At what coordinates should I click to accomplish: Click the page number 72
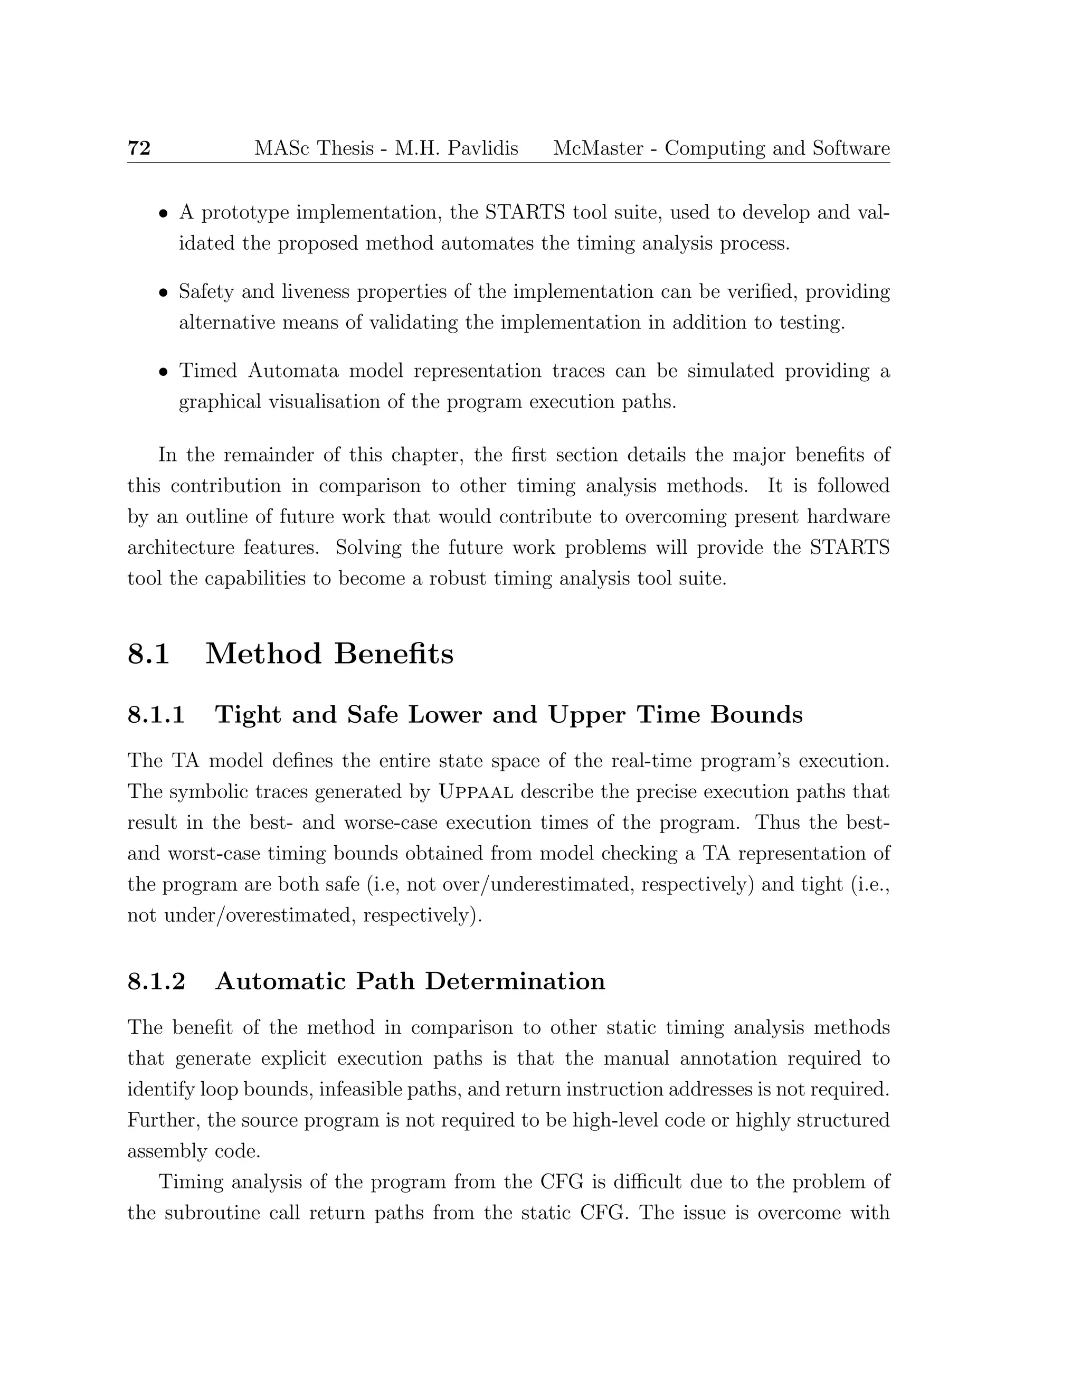pyautogui.click(x=139, y=149)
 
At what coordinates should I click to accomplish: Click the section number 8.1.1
pyautogui.click(x=156, y=715)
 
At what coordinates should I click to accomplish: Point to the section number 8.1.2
pyautogui.click(x=156, y=981)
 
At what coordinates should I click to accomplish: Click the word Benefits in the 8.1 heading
pyautogui.click(x=393, y=654)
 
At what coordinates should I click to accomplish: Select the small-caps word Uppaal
pyautogui.click(x=476, y=792)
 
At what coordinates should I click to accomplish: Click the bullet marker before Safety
pyautogui.click(x=164, y=294)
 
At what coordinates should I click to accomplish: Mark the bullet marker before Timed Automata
pyautogui.click(x=164, y=372)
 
